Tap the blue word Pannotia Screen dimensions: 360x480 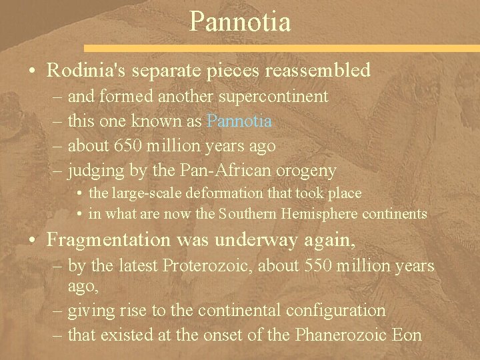(x=239, y=121)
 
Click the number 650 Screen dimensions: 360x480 (x=123, y=145)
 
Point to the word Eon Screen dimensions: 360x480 (x=408, y=334)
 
